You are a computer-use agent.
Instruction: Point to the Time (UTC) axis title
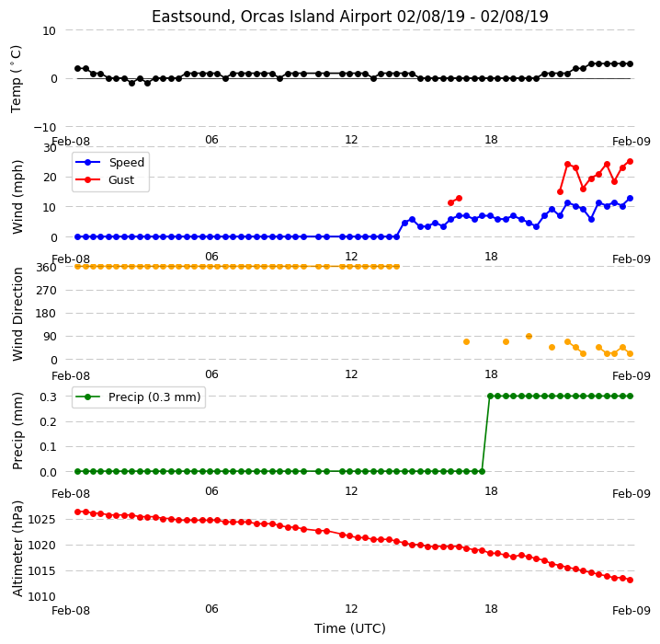tap(350, 628)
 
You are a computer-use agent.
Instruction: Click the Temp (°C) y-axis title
tap(16, 79)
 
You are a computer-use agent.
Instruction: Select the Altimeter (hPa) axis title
tap(17, 548)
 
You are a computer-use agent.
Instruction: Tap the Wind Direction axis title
tap(17, 314)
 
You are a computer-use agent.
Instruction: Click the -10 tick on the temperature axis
tap(44, 127)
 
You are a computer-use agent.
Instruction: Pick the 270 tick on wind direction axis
tap(46, 290)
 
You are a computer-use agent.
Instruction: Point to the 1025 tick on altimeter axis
tap(41, 519)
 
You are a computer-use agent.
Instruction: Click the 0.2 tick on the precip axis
tap(48, 421)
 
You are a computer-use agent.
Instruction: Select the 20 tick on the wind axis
tap(50, 178)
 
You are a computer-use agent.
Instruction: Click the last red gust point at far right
tap(630, 161)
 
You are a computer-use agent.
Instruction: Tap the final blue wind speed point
tap(630, 199)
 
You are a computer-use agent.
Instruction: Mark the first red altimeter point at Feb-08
tap(77, 512)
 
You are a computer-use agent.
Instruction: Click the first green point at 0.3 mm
tap(490, 396)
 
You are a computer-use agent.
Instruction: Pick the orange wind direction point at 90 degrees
tap(529, 336)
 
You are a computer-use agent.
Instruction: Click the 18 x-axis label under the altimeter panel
tap(491, 609)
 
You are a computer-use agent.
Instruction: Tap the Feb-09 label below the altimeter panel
tap(632, 610)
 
